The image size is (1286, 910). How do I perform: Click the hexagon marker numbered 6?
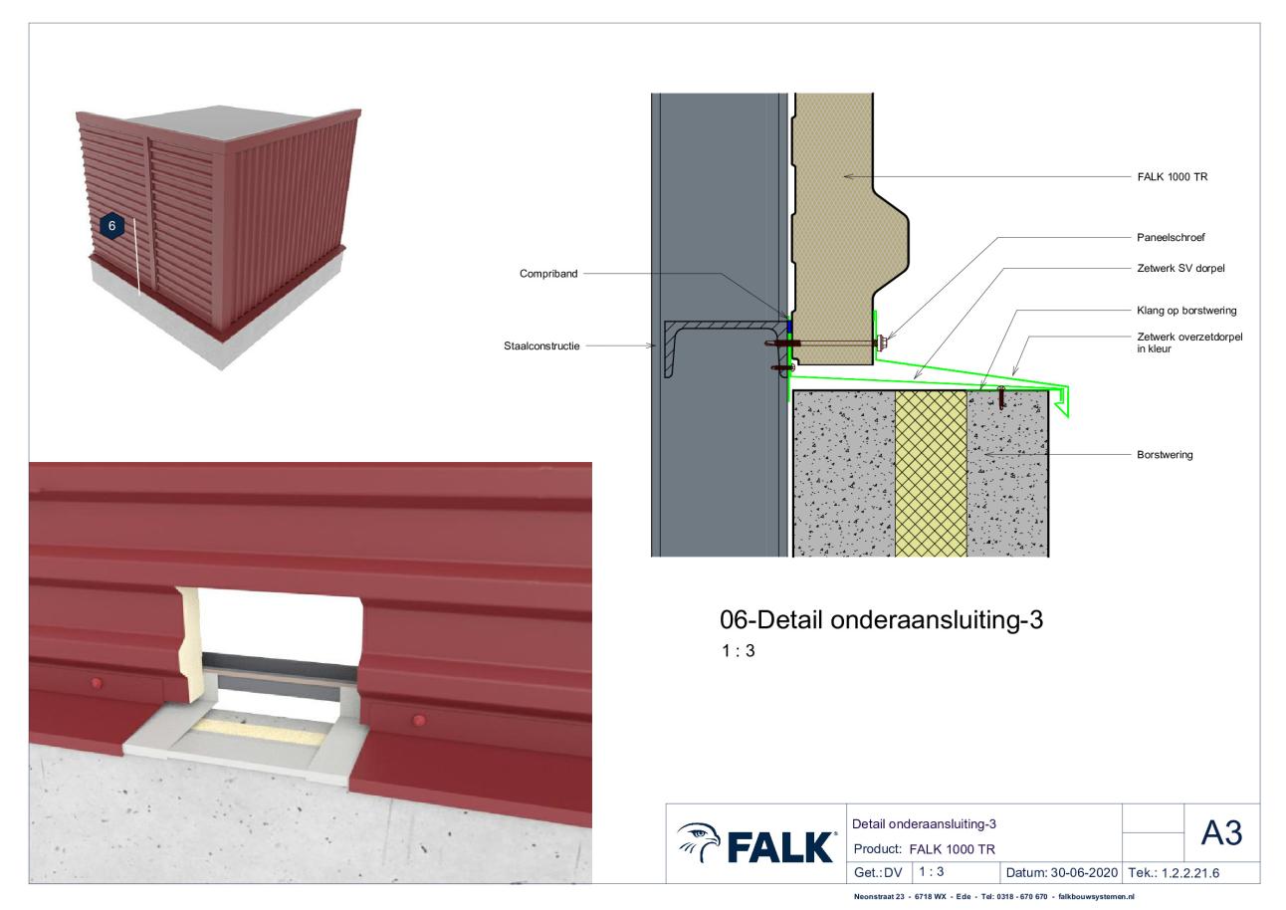[111, 226]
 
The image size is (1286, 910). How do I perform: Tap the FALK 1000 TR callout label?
[1173, 177]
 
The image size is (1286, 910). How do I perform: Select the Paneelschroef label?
[1171, 237]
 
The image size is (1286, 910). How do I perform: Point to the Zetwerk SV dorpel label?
[1180, 268]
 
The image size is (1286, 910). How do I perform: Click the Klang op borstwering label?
[1186, 311]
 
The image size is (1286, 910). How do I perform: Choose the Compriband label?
[548, 274]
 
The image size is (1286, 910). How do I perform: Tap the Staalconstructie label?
[541, 345]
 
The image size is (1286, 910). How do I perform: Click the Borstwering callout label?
[1165, 455]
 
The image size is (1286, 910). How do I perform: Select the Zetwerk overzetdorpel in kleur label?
[1189, 342]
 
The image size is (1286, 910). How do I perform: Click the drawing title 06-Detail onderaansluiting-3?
[881, 620]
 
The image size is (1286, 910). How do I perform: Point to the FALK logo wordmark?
[780, 847]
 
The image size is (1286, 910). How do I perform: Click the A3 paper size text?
[1221, 832]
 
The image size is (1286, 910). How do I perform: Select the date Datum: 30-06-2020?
[1061, 873]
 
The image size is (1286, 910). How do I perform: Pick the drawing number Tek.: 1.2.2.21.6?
[1174, 873]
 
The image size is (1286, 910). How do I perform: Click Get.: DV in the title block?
[878, 873]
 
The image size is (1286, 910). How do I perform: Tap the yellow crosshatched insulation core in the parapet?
[931, 474]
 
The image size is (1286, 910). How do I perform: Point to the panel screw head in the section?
[881, 342]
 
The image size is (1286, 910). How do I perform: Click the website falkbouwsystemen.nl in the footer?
[1096, 897]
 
